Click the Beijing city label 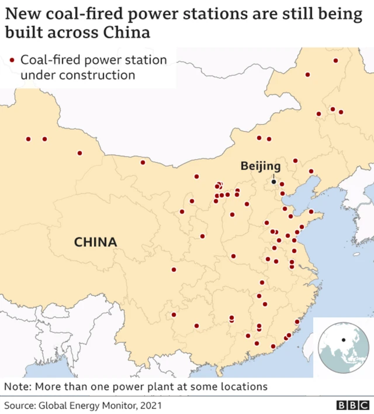click(x=261, y=166)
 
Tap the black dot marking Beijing click(x=273, y=182)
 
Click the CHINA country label click(x=95, y=241)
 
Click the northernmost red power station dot click(x=335, y=60)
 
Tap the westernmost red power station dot click(x=28, y=139)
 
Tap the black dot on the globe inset click(x=344, y=340)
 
